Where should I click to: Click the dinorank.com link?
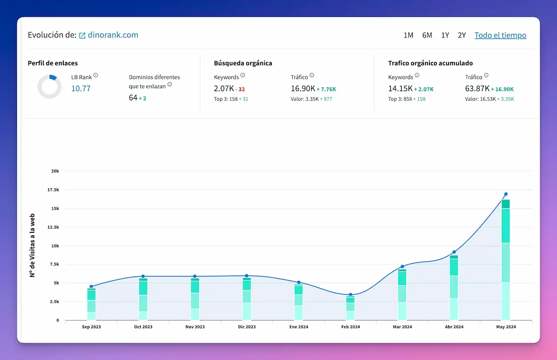[x=112, y=35]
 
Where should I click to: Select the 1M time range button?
[x=408, y=35]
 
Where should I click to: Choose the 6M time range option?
[x=427, y=35]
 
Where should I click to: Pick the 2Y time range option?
[x=461, y=35]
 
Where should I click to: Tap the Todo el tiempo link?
[x=500, y=35]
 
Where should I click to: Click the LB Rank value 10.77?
[x=81, y=89]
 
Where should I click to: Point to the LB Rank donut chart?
[x=50, y=87]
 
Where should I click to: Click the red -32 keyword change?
[x=241, y=89]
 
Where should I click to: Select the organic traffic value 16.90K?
[x=302, y=89]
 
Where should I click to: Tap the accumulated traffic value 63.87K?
[x=477, y=89]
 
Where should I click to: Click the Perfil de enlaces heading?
[x=53, y=63]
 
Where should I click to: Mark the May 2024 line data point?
[x=505, y=194]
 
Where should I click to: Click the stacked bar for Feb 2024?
[x=350, y=308]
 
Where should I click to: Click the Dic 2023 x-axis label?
[x=247, y=327]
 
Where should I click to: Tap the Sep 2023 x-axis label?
[x=91, y=327]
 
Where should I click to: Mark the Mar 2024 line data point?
[x=402, y=266]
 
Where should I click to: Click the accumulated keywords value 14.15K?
[x=400, y=89]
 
